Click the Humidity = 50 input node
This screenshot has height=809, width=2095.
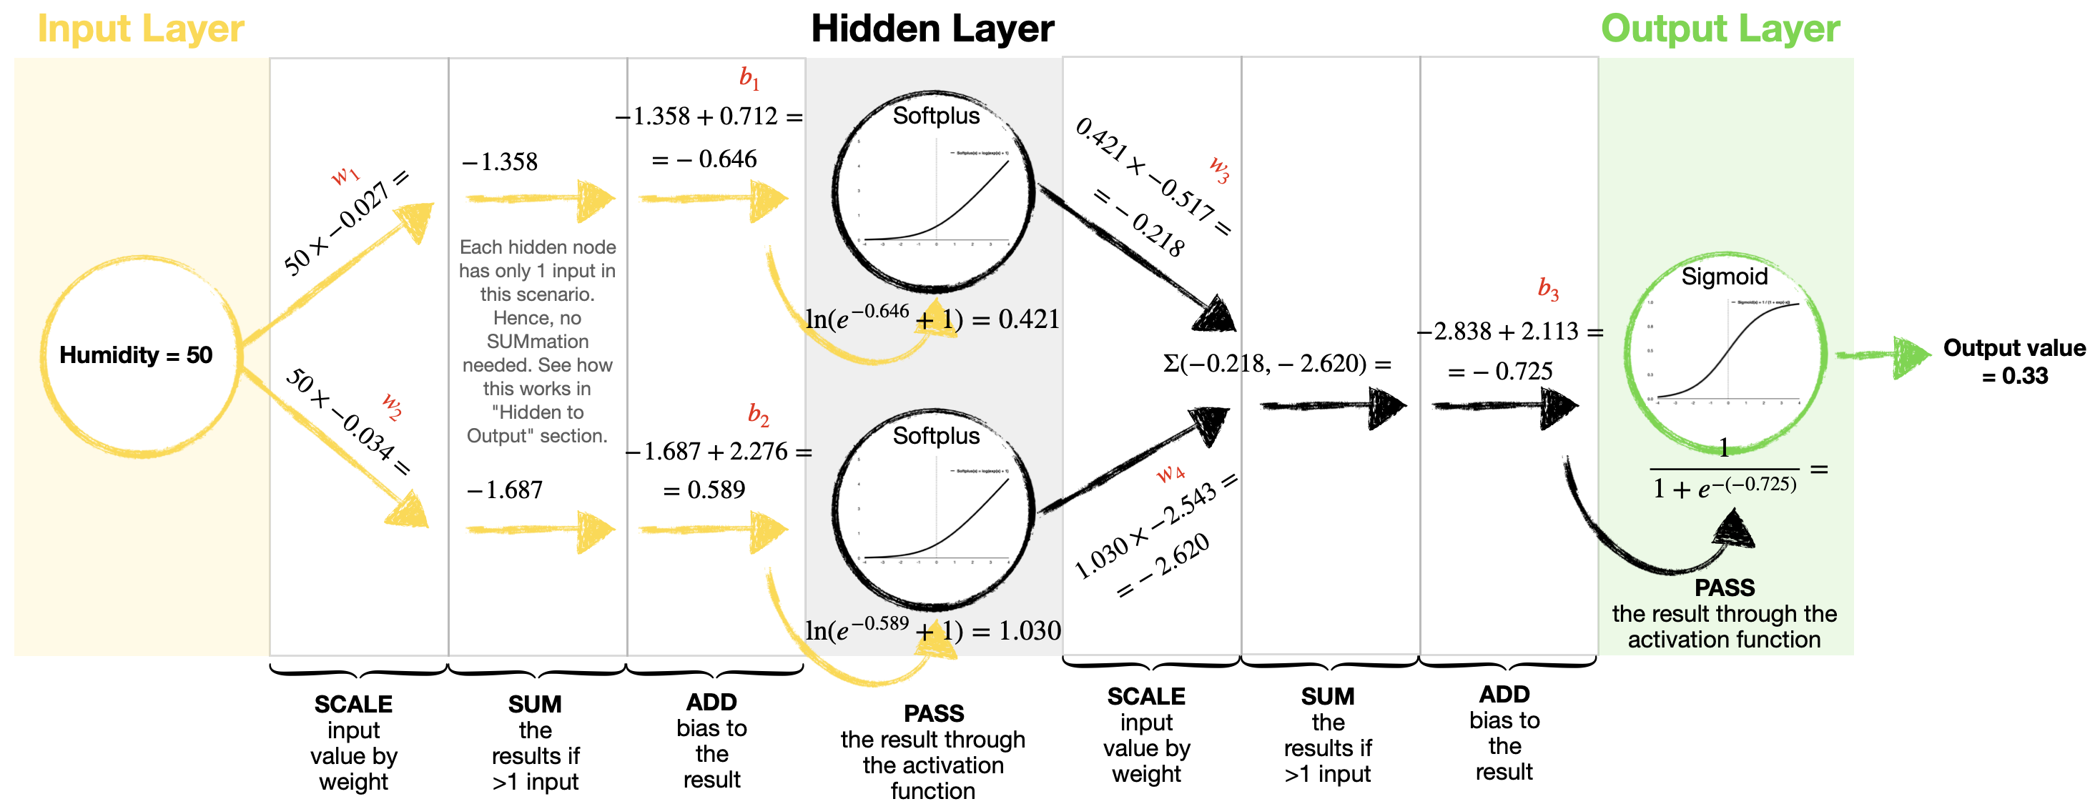(140, 355)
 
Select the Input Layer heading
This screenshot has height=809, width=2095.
(141, 29)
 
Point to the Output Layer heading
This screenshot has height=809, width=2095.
(1720, 29)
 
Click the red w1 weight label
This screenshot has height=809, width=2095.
(345, 176)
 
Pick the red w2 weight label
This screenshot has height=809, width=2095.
(392, 406)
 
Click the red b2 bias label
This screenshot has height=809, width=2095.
(758, 415)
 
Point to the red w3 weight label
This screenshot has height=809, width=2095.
(1218, 169)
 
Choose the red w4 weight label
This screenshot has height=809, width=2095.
(1170, 472)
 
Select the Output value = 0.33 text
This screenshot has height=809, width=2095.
(2013, 362)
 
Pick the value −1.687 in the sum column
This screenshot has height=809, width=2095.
(504, 490)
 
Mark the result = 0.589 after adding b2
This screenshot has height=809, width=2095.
(704, 490)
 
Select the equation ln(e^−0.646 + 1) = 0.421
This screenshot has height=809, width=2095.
(932, 319)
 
